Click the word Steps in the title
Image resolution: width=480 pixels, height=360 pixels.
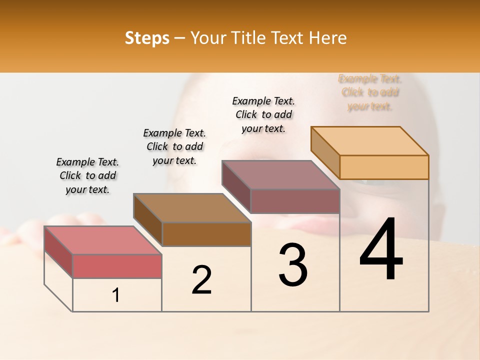tap(147, 38)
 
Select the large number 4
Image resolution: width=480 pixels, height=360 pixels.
tap(381, 250)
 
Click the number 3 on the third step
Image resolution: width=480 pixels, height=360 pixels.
tap(293, 265)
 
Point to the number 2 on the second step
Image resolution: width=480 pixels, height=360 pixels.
tap(201, 280)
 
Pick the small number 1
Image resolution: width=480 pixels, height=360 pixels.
tap(116, 295)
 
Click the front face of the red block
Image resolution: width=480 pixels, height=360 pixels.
tap(117, 266)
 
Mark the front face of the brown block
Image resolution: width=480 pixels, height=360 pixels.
tap(206, 234)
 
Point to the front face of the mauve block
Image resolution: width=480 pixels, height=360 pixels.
tap(295, 201)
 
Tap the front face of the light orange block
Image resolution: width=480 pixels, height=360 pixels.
tap(384, 167)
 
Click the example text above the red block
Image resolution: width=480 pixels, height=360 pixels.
tap(87, 175)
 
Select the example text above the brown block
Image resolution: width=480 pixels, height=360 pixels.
tap(174, 146)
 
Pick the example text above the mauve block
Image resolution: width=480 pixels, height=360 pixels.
tap(263, 114)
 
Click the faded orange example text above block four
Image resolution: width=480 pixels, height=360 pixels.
tap(370, 92)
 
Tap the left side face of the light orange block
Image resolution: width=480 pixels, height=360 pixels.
tap(325, 152)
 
